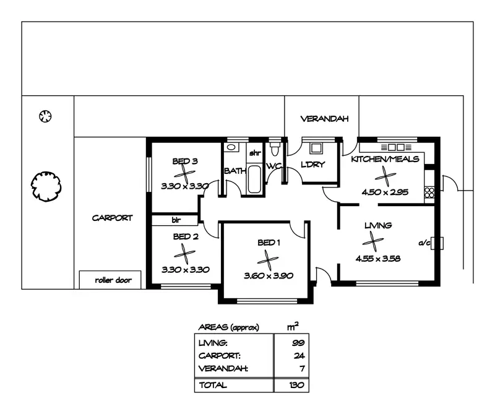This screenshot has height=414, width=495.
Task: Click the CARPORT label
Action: tap(112, 218)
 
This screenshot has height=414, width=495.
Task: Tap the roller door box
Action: tap(110, 280)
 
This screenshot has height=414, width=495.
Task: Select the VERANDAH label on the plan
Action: tap(325, 119)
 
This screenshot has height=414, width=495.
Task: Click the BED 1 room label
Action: tap(269, 242)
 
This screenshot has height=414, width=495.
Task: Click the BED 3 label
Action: tap(184, 162)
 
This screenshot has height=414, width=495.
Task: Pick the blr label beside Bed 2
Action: tap(176, 219)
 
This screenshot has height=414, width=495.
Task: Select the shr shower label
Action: tap(255, 153)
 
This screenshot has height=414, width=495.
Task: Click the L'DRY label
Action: tap(313, 165)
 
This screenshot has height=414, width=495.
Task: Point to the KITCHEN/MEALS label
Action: tap(385, 159)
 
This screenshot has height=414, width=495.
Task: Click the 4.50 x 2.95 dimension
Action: tap(385, 192)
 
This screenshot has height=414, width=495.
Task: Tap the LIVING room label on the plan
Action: tap(377, 225)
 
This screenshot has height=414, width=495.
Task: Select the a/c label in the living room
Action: tap(424, 243)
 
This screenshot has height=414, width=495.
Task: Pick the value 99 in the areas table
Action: tap(299, 342)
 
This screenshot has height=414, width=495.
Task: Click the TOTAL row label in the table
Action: tap(212, 385)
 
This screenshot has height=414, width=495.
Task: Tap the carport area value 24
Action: tap(299, 356)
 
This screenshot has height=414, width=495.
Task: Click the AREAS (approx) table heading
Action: tap(228, 327)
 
